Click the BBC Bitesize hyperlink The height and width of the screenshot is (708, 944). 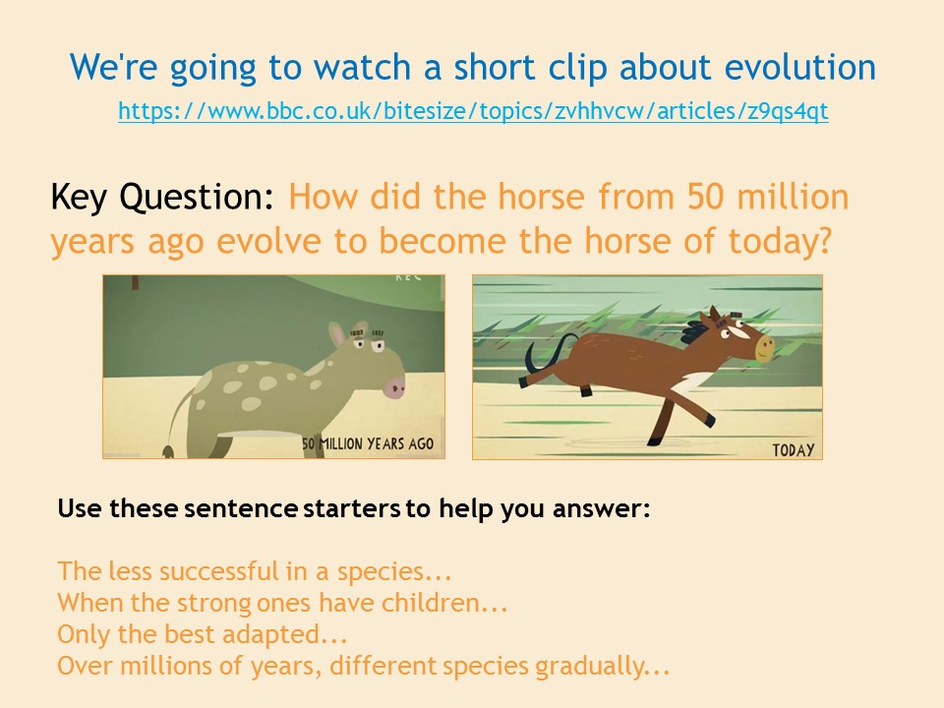tap(473, 111)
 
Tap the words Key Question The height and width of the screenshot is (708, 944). tap(162, 198)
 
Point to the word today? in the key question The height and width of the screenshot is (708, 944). tap(780, 242)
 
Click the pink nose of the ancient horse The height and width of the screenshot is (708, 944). tap(395, 385)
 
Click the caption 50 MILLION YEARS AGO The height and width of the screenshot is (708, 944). tap(367, 444)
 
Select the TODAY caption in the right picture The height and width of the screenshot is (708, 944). tap(793, 450)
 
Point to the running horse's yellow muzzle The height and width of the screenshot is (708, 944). tap(764, 348)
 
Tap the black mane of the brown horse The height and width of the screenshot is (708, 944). tap(695, 331)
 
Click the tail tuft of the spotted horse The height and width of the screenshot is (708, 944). tap(168, 451)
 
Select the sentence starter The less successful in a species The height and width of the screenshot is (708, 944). tap(255, 571)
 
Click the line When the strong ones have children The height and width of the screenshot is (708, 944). tap(282, 603)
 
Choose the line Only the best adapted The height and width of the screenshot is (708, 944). tap(203, 634)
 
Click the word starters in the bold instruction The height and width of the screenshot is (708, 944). tap(352, 508)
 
